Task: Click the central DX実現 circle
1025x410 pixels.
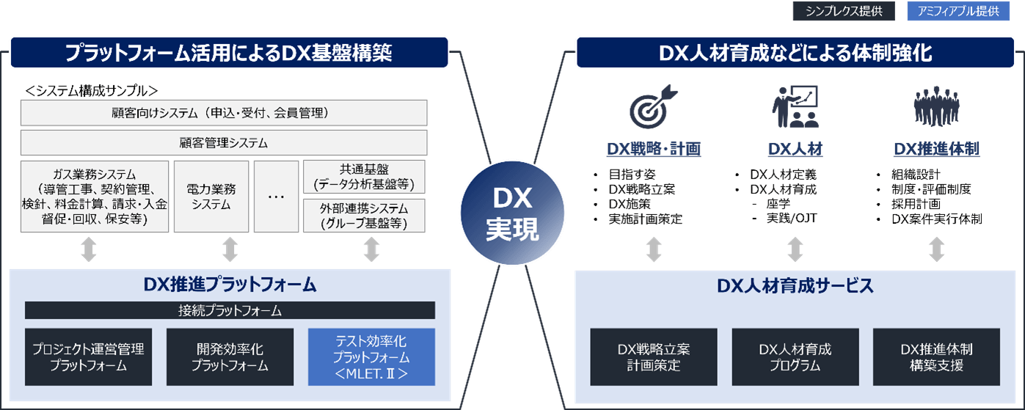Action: point(512,213)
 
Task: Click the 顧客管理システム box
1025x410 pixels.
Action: point(224,142)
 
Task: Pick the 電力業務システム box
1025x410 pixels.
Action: point(211,197)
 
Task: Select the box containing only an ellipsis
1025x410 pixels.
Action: point(277,197)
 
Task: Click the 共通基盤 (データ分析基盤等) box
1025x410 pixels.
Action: point(364,176)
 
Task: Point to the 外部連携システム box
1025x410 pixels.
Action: point(364,216)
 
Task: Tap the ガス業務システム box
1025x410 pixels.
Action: point(95,197)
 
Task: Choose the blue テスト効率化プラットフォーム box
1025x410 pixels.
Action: point(371,357)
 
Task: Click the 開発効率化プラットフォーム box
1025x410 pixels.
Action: point(230,357)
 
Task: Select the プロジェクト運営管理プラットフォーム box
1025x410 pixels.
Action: point(88,357)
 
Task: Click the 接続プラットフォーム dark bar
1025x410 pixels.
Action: point(230,310)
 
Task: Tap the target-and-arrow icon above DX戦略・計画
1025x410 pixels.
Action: point(653,107)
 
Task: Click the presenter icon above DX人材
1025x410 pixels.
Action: point(795,107)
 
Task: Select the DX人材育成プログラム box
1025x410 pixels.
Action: point(795,357)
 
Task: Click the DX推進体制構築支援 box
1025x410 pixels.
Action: point(936,357)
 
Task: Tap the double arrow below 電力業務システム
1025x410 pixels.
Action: point(230,249)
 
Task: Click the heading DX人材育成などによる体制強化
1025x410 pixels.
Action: point(795,53)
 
